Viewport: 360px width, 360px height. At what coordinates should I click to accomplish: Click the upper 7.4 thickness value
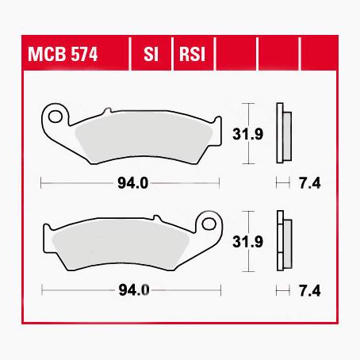click(x=311, y=186)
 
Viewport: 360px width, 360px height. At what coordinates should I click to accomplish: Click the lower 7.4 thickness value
click(x=311, y=291)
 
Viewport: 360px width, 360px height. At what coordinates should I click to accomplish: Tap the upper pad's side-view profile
click(x=282, y=133)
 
